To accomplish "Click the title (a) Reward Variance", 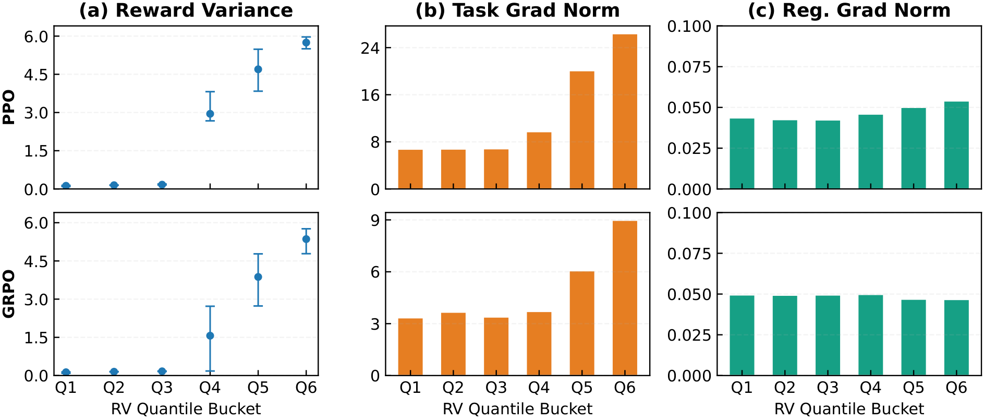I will tap(186, 10).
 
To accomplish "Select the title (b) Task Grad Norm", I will tap(517, 10).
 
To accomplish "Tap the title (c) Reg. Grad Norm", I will tap(849, 10).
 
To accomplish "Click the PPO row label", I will tap(9, 107).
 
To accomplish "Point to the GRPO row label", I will tap(9, 294).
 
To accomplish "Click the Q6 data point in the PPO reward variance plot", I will tap(306, 43).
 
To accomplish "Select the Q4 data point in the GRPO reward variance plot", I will tap(210, 336).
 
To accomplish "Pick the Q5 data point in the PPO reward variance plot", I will tap(258, 69).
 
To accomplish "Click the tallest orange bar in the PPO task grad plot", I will tap(625, 112).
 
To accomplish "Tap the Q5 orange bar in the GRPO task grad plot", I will tap(582, 323).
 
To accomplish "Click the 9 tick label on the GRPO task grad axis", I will tap(374, 220).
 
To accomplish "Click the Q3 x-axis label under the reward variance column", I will tap(162, 388).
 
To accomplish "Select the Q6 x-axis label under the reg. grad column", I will tap(956, 388).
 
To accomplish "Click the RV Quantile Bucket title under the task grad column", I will tap(517, 409).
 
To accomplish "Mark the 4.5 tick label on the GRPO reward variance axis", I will tap(35, 261).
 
